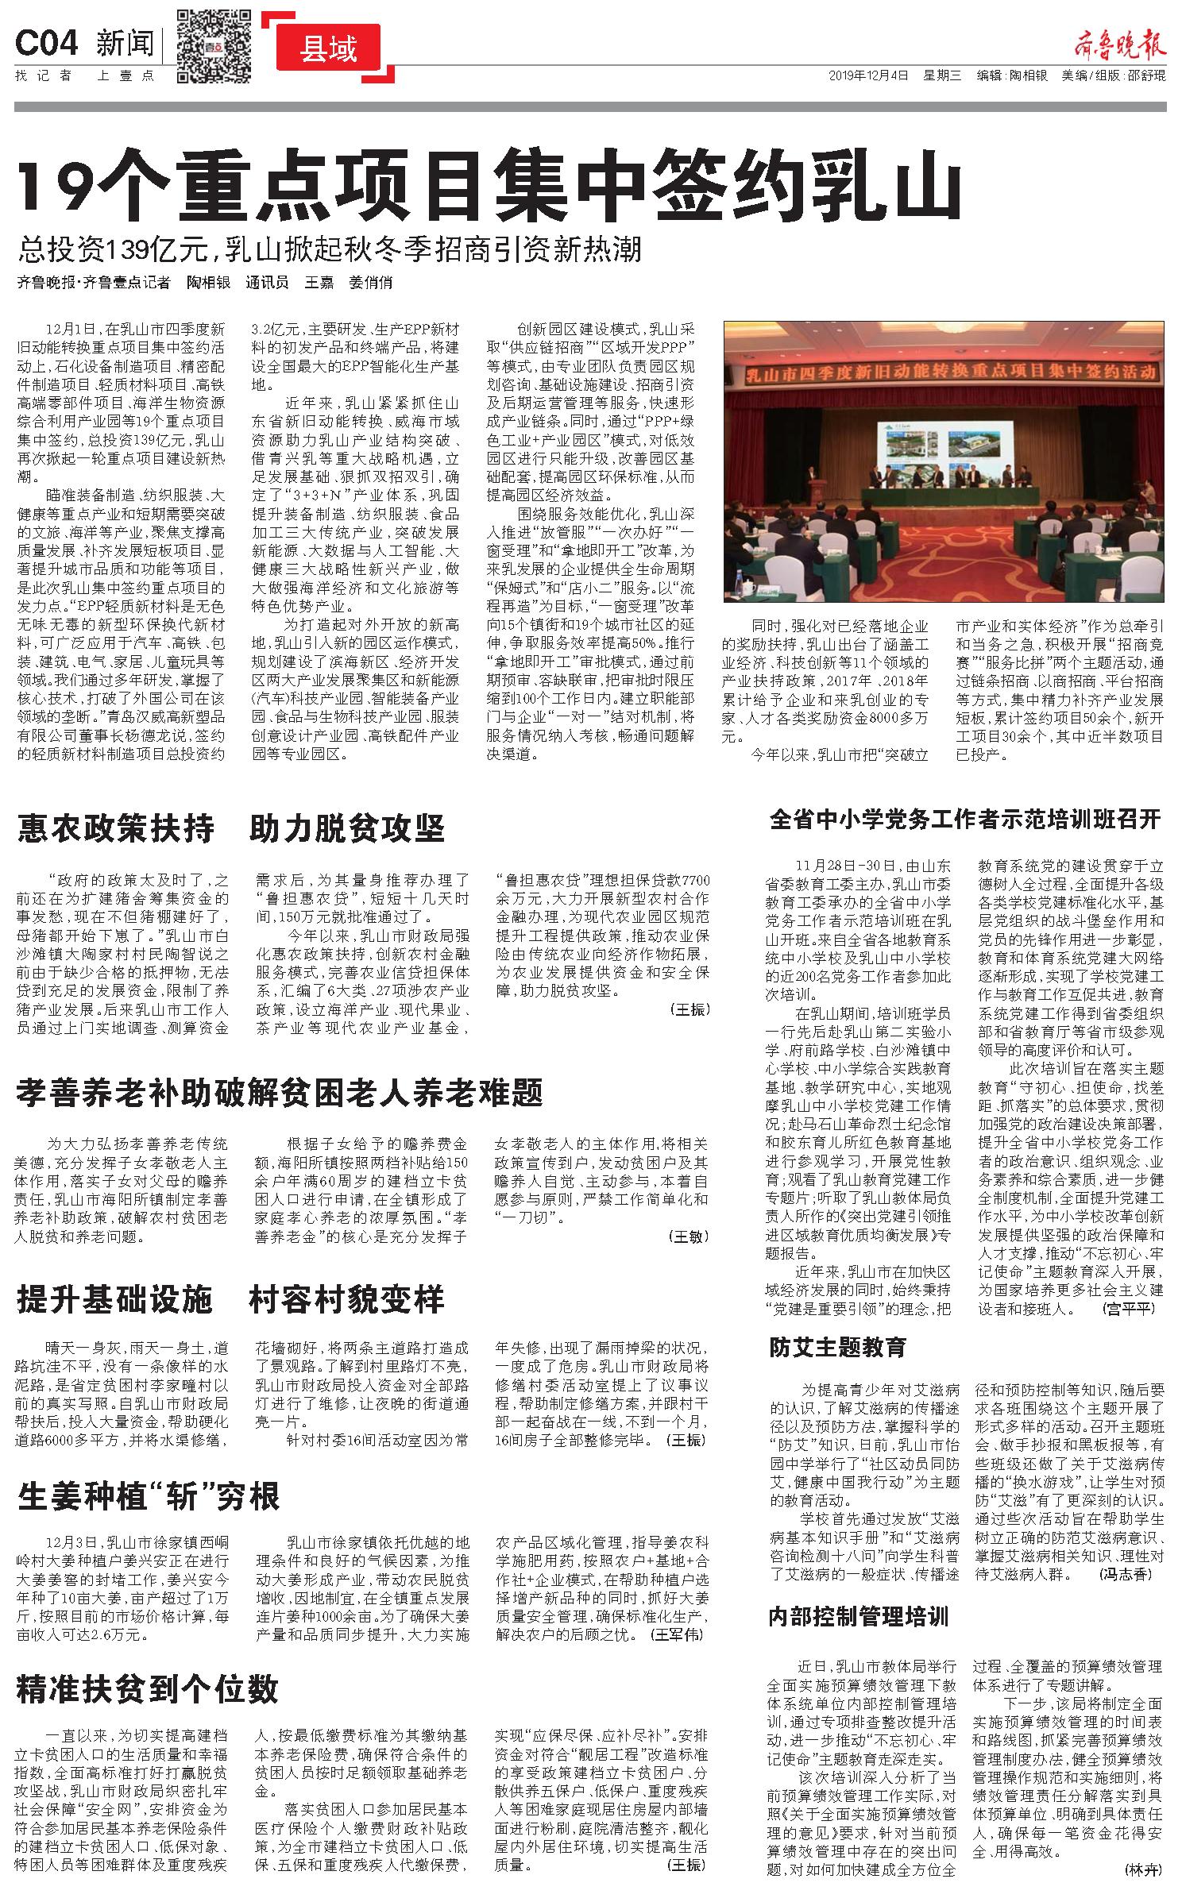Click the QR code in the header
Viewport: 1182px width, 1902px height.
coord(214,46)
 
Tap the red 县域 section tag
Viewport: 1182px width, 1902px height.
coord(329,49)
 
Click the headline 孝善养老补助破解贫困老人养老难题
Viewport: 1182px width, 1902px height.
coord(280,1094)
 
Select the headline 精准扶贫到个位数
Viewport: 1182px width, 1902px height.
coord(148,1689)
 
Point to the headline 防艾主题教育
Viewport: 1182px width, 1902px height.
coord(837,1347)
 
